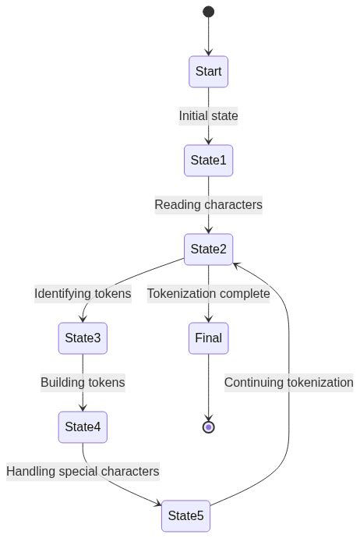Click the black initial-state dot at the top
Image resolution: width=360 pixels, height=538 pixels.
pos(208,12)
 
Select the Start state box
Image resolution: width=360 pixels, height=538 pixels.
pos(208,71)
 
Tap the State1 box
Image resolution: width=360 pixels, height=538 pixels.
pos(208,161)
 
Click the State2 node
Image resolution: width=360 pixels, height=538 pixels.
pos(208,250)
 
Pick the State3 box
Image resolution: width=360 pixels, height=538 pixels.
pos(83,338)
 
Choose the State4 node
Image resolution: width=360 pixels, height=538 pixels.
pos(83,427)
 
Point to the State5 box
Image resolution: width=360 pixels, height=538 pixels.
pos(186,515)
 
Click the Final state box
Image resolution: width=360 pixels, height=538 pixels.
pos(208,338)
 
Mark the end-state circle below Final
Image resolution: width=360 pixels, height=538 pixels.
pos(208,427)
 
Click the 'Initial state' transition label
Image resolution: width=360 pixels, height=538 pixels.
pos(208,116)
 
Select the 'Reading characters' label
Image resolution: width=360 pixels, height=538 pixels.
pos(208,205)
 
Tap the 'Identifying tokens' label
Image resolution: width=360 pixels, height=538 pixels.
pos(83,294)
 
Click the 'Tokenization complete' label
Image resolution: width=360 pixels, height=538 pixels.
pos(208,294)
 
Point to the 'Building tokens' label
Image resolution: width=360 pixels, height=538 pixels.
pos(83,383)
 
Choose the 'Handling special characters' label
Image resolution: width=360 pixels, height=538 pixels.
pos(83,471)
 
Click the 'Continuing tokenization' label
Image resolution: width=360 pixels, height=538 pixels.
pos(288,383)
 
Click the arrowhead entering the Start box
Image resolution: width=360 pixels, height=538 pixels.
pos(208,52)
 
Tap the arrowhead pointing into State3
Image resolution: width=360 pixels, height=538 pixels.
pos(83,319)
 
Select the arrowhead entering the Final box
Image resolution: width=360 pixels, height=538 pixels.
pos(208,319)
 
